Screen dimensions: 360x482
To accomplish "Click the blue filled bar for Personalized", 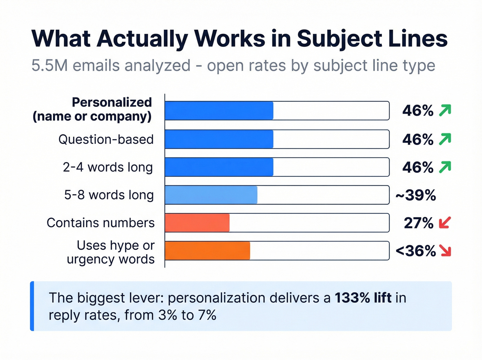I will (219, 111).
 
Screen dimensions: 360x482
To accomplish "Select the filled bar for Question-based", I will (219, 139).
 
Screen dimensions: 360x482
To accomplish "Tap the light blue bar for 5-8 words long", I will (211, 195).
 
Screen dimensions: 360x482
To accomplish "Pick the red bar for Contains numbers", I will (197, 223).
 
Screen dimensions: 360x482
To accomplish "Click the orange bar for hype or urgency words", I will (207, 250).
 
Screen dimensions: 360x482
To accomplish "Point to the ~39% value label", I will (416, 195).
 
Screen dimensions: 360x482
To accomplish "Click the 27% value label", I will (418, 223).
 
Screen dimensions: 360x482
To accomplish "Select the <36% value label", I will (416, 251).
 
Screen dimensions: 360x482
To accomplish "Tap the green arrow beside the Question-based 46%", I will (445, 139).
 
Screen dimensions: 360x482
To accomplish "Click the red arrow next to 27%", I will (445, 223).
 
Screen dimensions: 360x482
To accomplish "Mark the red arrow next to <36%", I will (445, 251).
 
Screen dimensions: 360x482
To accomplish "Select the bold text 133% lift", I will (363, 298).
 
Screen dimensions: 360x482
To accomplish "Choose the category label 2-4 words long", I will (108, 167).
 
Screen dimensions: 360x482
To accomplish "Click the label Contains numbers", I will (101, 223).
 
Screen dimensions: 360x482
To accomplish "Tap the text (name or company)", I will (92, 116).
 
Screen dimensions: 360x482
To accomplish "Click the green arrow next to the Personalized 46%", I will (445, 111).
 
